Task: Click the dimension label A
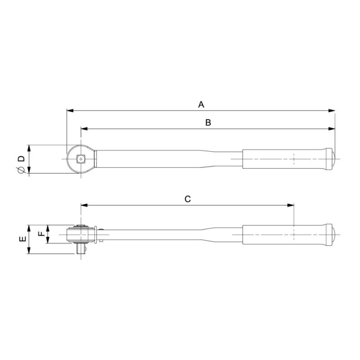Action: pos(201,104)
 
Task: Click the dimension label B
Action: pos(208,123)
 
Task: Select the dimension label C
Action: pos(188,199)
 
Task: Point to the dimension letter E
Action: pos(22,239)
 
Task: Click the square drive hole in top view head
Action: pos(81,158)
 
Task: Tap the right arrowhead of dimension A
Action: pos(333,110)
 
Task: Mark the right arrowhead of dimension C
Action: pos(291,205)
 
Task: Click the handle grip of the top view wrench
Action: pos(283,158)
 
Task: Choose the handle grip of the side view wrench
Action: pos(283,234)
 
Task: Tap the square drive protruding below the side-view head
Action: pos(81,249)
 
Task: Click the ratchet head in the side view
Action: pos(81,234)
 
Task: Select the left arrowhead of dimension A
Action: pos(69,110)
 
